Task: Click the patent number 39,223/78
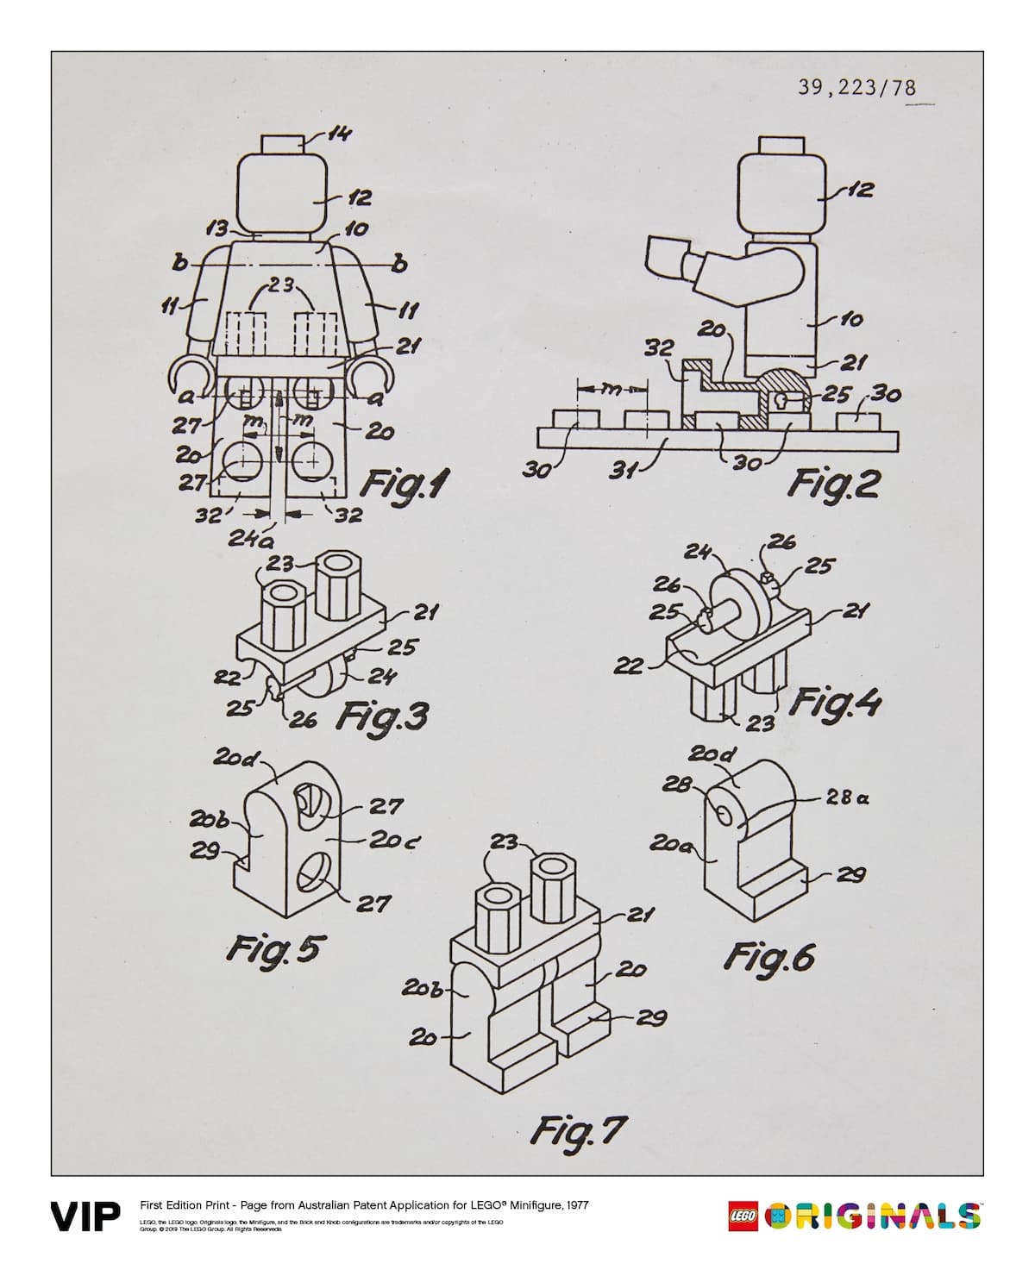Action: coord(856,87)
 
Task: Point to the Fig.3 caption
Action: coord(381,716)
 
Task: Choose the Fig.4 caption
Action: coord(835,702)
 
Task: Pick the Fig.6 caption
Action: coord(769,956)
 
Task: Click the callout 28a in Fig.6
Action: coord(847,798)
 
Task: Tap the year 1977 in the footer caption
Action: coord(574,1205)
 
